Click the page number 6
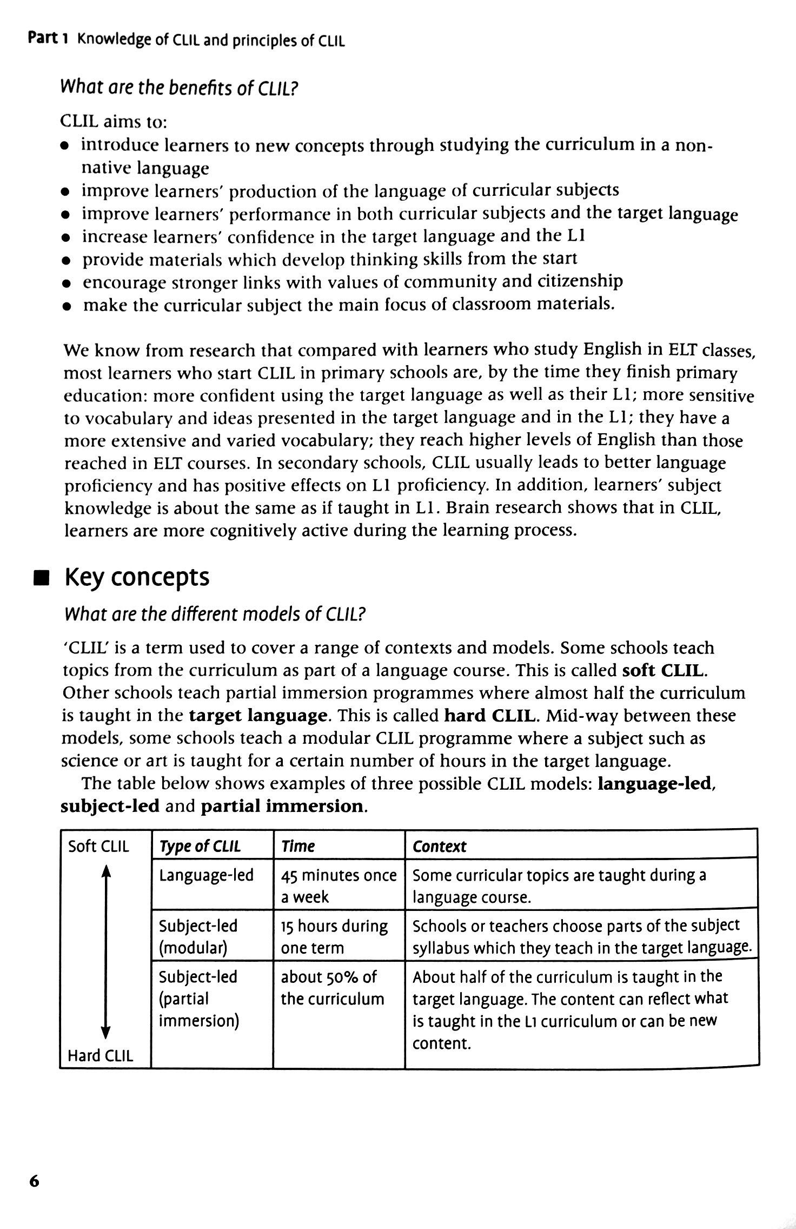click(x=34, y=1180)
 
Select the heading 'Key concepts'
click(x=137, y=577)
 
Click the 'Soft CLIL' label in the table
click(x=99, y=846)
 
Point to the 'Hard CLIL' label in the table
click(x=100, y=1055)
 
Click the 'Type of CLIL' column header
click(x=200, y=846)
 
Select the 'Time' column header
click(x=297, y=846)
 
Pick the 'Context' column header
click(x=439, y=846)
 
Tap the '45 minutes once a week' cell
click(x=338, y=886)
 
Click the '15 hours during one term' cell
click(x=334, y=936)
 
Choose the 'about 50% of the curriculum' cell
click(x=331, y=987)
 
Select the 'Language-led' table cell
click(x=206, y=875)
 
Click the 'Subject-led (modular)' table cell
click(x=198, y=936)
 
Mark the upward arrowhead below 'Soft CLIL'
click(x=107, y=871)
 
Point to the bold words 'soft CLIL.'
click(x=665, y=670)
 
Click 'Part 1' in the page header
click(x=48, y=39)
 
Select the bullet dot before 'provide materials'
click(x=65, y=261)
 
